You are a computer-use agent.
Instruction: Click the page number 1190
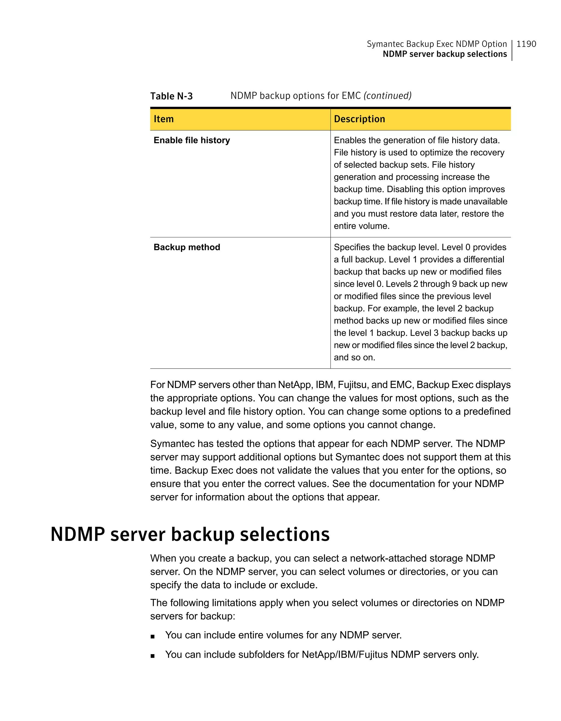click(x=526, y=44)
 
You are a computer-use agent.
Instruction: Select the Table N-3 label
click(x=171, y=96)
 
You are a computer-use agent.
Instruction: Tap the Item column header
click(x=164, y=119)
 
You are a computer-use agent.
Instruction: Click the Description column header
click(x=359, y=119)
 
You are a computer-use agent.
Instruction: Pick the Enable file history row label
click(x=192, y=140)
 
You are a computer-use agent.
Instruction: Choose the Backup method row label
click(x=187, y=247)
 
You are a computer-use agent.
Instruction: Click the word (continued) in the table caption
click(x=387, y=96)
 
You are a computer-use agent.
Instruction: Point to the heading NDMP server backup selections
click(x=190, y=534)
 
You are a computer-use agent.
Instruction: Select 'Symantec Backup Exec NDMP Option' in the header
click(x=437, y=44)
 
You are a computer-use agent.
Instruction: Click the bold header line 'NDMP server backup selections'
click(x=444, y=54)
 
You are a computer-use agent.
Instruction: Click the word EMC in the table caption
click(x=351, y=96)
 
